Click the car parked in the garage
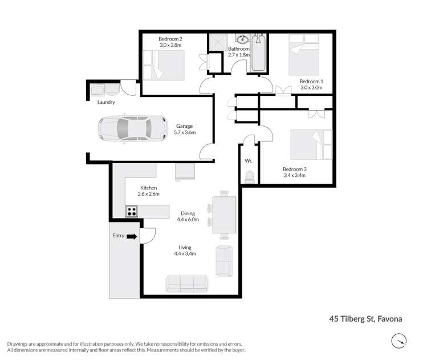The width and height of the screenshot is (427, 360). [x=132, y=129]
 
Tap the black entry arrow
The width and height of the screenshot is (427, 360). [x=132, y=236]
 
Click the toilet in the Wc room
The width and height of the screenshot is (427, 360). [x=248, y=177]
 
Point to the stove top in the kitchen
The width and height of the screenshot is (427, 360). [x=132, y=211]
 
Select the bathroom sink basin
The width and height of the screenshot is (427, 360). [x=242, y=39]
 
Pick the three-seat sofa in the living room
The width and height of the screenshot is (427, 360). [x=186, y=282]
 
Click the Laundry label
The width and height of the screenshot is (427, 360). [x=106, y=102]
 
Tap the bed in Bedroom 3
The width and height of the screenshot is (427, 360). [x=311, y=145]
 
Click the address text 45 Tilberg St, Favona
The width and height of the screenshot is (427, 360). [x=365, y=319]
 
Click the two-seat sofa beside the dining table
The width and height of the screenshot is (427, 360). [x=223, y=261]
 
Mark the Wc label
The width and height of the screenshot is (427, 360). [x=248, y=161]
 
